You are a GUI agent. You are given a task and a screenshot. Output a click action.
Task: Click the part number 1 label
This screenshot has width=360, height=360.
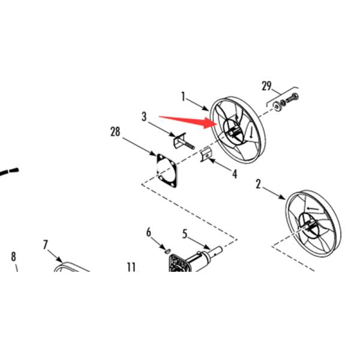[183, 97]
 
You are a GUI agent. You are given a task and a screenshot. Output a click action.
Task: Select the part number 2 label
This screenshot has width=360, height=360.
[259, 184]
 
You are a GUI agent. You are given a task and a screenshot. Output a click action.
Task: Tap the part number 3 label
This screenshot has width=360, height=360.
[144, 116]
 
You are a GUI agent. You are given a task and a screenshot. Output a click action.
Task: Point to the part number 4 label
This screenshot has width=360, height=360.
[235, 174]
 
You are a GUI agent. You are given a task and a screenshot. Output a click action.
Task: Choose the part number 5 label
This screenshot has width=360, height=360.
[185, 234]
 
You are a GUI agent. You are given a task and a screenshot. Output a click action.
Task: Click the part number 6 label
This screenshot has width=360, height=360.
[149, 232]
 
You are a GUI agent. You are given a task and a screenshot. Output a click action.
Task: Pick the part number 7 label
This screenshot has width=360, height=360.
[45, 245]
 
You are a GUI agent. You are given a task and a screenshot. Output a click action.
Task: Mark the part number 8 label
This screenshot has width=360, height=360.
[14, 256]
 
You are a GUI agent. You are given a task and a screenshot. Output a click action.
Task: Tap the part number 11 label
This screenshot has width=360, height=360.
[131, 267]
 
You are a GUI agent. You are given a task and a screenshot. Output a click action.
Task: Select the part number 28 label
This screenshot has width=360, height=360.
[115, 132]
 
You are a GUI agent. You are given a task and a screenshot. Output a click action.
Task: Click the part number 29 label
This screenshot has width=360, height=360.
[266, 86]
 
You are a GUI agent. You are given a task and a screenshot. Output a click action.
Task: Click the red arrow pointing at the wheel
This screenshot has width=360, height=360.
[188, 121]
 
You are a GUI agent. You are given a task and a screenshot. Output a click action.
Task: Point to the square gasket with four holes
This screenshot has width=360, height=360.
[167, 171]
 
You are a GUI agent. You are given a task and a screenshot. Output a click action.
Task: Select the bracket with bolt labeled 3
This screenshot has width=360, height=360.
[183, 141]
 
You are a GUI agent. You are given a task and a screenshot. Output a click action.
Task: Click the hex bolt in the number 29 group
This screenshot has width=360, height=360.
[292, 98]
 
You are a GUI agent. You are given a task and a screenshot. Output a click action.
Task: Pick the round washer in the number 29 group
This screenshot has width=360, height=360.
[278, 106]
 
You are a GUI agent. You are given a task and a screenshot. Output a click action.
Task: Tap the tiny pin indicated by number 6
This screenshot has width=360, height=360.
[167, 250]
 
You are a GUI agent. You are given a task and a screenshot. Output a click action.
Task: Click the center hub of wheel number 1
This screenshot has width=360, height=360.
[234, 131]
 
